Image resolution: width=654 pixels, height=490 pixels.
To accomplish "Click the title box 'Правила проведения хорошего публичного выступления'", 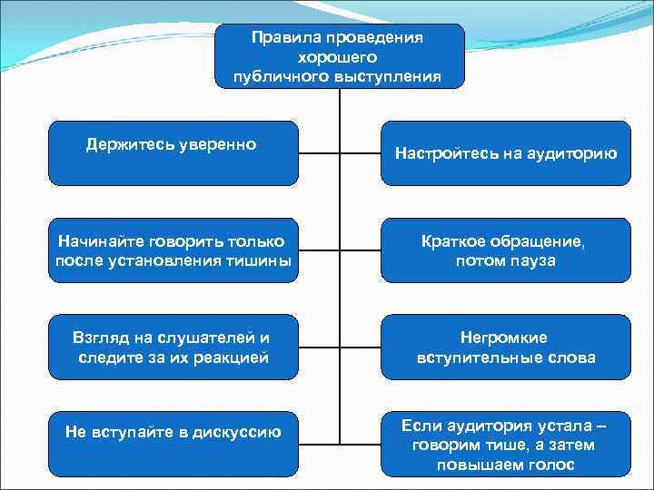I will pos(340,56).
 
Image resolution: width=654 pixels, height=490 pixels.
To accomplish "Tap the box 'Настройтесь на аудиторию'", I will pos(505,153).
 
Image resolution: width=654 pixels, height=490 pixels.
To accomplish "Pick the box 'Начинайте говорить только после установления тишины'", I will pos(173,250).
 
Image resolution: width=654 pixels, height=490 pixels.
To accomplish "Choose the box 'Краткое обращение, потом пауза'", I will pos(505,250).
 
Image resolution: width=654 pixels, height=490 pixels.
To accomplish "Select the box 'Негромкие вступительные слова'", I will pos(505,347).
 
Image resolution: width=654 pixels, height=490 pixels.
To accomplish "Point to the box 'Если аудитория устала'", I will pos(505,444).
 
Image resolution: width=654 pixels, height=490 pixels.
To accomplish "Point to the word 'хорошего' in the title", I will pos(339,57).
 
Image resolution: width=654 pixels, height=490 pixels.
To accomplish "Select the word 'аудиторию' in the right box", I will pos(571,154).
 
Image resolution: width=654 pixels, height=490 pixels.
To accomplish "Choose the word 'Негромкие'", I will pos(504,338).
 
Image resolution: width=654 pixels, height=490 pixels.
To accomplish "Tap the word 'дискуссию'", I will pos(238,432).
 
